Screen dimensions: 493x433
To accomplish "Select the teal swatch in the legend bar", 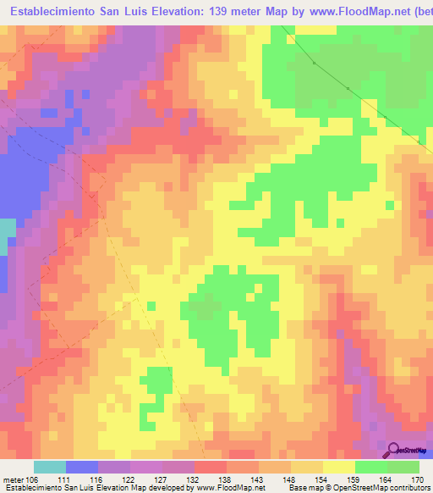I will pos(49,467).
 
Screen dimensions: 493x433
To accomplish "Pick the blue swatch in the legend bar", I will pos(82,467).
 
